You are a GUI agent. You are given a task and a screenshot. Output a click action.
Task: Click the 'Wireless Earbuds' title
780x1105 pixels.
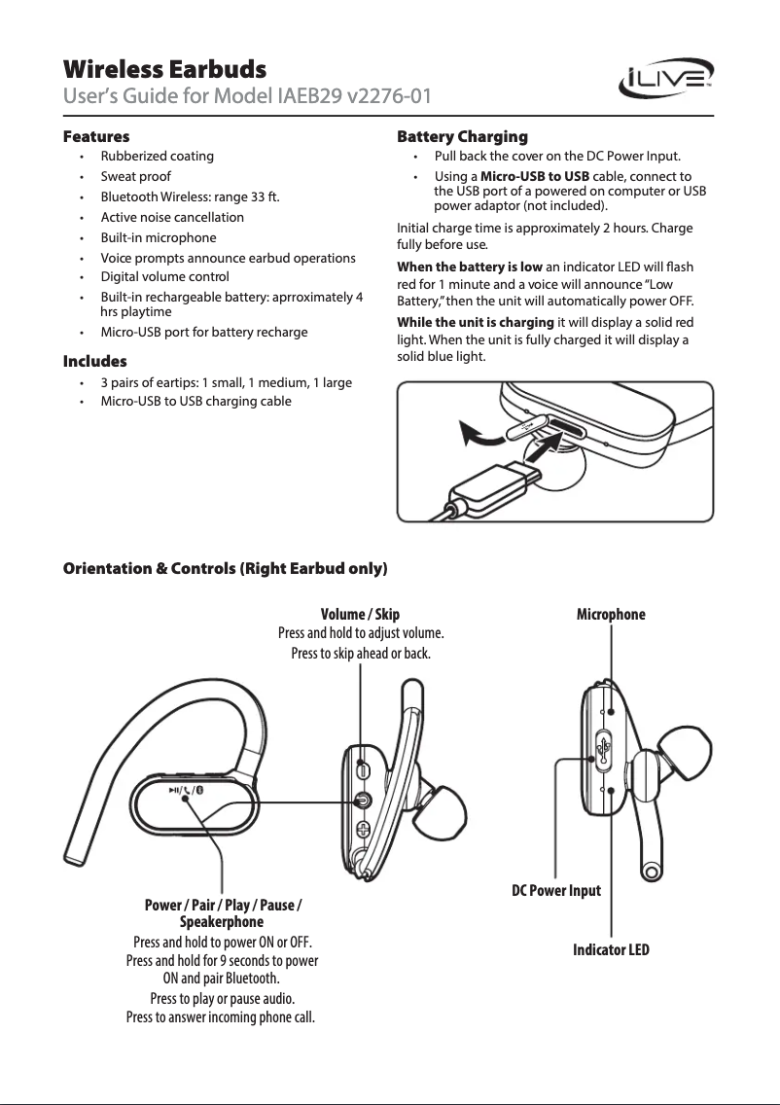pos(164,70)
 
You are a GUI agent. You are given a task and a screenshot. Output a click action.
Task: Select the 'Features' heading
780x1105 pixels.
pos(96,136)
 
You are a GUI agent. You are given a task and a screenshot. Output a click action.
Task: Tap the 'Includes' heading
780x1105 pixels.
pos(95,362)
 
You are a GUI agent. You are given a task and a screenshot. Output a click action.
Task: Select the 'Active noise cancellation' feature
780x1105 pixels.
pos(172,217)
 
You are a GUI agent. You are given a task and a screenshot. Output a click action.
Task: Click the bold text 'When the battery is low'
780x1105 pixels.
pos(470,267)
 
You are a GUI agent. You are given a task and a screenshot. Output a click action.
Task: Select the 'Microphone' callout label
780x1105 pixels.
pos(611,615)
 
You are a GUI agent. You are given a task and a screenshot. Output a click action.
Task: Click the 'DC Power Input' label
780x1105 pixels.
pos(556,890)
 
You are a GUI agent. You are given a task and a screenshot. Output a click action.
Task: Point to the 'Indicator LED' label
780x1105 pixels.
pos(611,949)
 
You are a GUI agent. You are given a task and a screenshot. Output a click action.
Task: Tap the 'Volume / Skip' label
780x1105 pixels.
pos(360,615)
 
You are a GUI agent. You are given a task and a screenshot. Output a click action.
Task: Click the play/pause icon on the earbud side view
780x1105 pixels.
pos(172,790)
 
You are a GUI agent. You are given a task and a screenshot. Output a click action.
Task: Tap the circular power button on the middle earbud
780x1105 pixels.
pos(363,801)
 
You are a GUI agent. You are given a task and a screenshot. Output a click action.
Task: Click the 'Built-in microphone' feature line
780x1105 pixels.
pos(159,237)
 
